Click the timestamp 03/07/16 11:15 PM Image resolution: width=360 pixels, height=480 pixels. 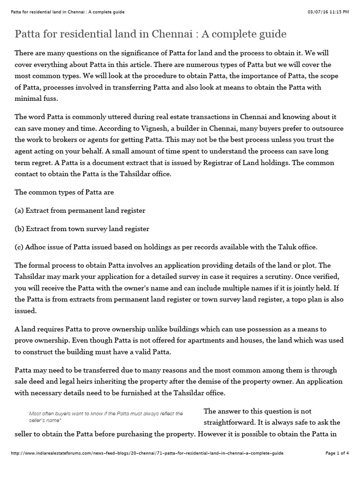click(328, 11)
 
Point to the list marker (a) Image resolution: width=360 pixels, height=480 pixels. click(20, 210)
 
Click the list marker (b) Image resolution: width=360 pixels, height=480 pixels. click(20, 229)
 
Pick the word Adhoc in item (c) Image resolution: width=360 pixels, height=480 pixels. click(37, 247)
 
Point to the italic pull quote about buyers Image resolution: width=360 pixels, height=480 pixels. click(106, 416)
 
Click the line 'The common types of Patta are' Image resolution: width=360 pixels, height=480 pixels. click(64, 192)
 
